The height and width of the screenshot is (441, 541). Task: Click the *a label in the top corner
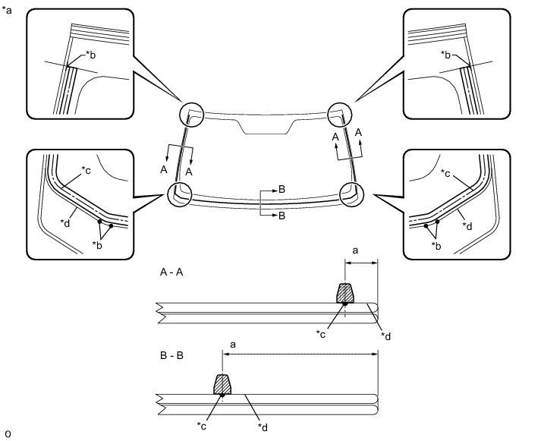[8, 10]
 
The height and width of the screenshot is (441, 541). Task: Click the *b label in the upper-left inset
[91, 55]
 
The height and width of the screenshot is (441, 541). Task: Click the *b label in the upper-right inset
[446, 55]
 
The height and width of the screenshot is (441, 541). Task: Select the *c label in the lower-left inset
[86, 170]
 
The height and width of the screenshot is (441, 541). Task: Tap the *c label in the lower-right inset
[446, 174]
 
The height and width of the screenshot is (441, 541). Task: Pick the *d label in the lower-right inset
[467, 225]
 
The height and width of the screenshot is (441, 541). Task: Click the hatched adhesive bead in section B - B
[222, 384]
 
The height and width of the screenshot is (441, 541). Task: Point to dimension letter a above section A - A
[356, 248]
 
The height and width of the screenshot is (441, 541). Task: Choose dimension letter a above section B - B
[232, 344]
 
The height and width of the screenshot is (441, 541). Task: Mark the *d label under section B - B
[263, 427]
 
